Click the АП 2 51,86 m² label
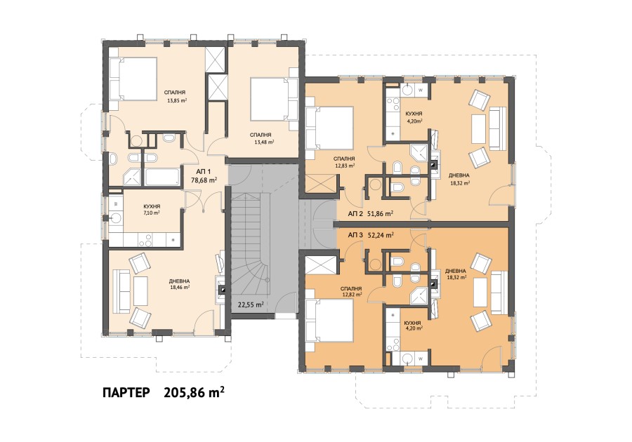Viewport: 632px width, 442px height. (369, 214)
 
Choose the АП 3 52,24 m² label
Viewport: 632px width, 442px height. (369, 236)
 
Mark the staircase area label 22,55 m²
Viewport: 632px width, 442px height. (250, 304)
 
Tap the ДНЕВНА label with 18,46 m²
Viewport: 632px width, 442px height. (178, 286)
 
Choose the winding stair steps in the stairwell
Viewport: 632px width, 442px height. (251, 267)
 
